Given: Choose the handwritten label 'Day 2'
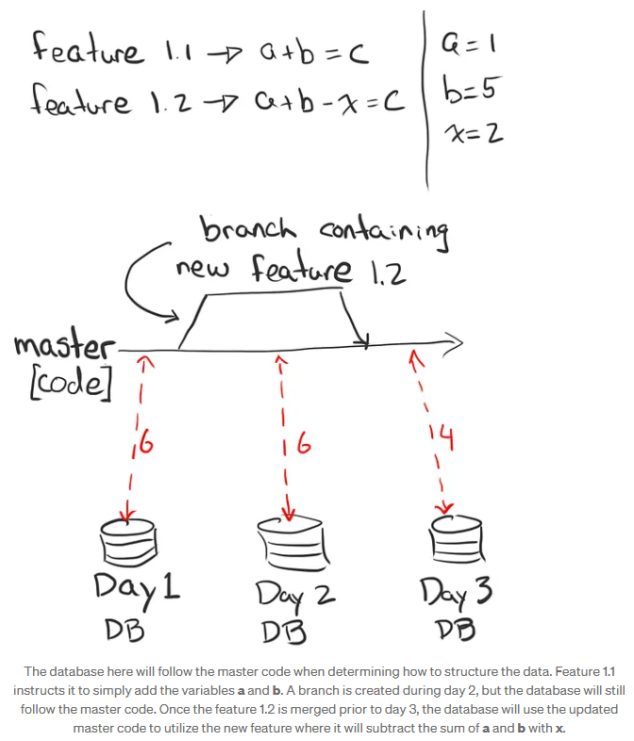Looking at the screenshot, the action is coord(294,594).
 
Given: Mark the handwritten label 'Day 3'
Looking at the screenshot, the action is coord(456,593).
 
